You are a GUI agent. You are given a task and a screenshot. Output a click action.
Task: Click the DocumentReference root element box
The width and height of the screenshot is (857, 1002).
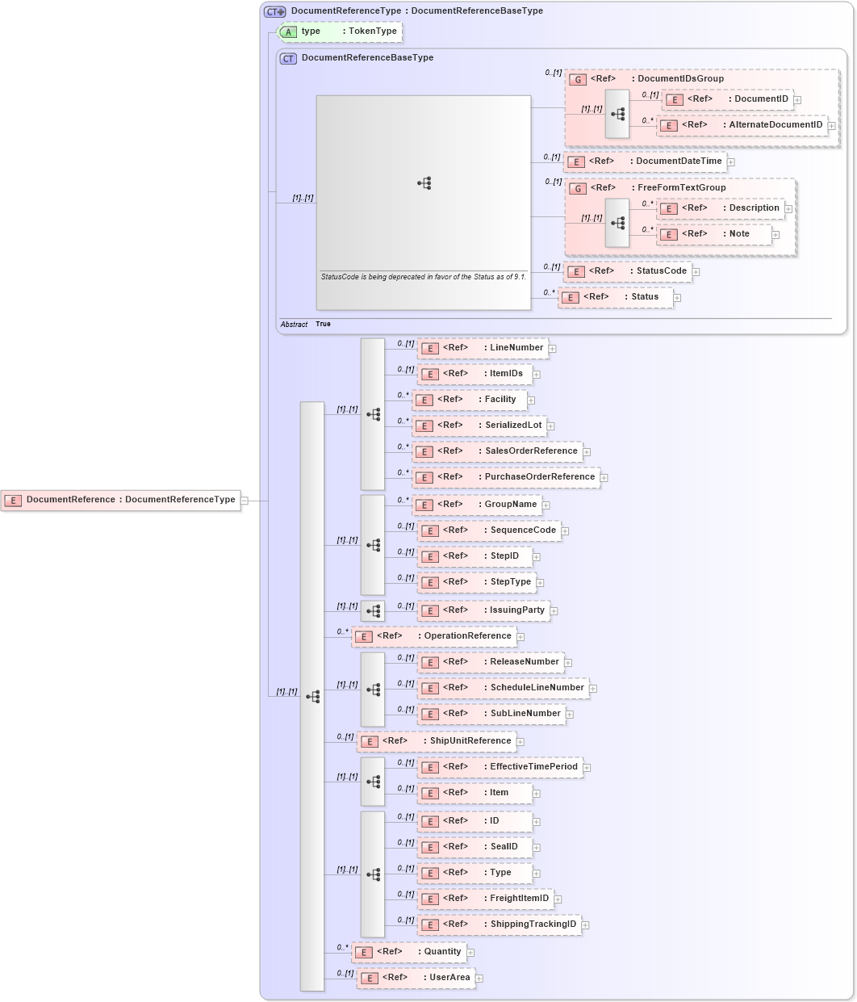pos(121,500)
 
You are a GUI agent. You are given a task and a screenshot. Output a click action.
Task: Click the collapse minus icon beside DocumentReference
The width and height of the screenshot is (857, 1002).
pos(245,501)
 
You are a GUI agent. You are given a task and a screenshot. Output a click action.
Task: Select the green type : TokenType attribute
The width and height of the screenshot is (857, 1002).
pos(340,31)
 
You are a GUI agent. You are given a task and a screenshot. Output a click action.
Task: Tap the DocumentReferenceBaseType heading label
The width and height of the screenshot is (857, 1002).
pos(367,58)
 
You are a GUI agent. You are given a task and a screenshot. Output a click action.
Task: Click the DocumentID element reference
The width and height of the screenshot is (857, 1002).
pos(726,99)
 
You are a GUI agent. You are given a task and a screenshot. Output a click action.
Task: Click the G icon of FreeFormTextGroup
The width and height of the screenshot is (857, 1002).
pos(577,188)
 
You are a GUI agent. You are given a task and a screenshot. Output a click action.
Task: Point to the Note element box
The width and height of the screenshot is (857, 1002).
pos(714,234)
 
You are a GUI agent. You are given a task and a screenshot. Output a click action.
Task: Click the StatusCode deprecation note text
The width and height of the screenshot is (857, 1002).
pos(423,277)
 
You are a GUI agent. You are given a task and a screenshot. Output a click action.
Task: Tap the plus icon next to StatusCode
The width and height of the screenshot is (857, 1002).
pos(696,272)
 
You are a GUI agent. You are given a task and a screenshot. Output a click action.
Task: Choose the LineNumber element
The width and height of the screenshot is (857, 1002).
pos(483,348)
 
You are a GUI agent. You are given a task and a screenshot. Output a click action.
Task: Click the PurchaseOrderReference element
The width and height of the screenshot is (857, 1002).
pos(506,477)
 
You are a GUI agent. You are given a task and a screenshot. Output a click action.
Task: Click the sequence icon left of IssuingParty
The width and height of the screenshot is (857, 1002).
pos(373,611)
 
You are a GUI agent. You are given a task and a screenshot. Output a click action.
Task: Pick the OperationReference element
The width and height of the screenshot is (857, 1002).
pos(434,636)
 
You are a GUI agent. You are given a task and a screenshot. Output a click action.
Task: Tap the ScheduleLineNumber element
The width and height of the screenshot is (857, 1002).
pos(503,688)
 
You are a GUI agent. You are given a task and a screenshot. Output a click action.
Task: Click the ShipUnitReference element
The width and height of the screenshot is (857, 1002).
pos(437,741)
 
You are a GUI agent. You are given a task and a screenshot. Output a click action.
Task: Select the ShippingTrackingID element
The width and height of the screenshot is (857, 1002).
pos(499,924)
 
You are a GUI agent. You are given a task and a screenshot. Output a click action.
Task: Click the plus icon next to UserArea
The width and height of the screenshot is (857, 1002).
pos(479,979)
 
